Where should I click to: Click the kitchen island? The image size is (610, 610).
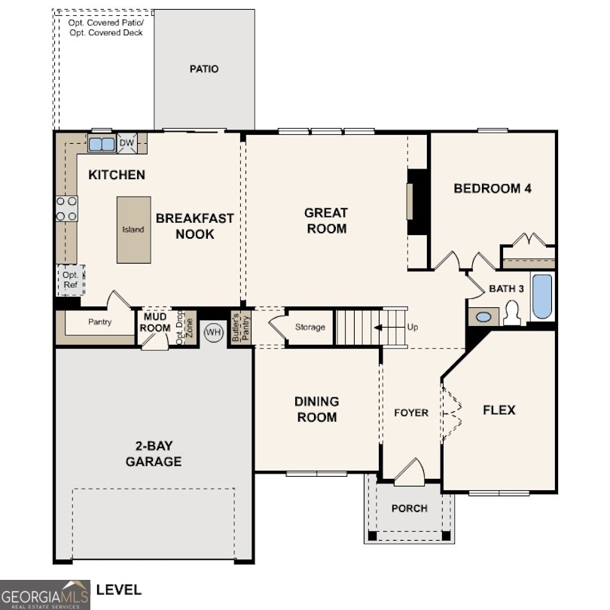tap(133, 230)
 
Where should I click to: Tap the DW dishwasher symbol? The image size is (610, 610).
tap(127, 143)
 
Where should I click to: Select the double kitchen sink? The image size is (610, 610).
tap(101, 144)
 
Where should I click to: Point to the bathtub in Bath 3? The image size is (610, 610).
tap(541, 297)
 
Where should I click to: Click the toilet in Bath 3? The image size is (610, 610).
tap(512, 313)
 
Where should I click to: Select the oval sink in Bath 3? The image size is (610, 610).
tap(483, 317)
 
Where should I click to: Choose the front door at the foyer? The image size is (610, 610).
tap(410, 471)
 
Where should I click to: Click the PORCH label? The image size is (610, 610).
tap(409, 508)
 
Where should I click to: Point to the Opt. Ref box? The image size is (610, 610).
tap(71, 280)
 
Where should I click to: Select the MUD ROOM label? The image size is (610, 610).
tap(155, 322)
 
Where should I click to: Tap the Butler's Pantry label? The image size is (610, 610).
tap(236, 328)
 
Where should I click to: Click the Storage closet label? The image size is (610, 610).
tap(310, 327)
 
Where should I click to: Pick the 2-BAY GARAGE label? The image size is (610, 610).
tap(154, 454)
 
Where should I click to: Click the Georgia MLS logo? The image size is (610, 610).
tap(45, 594)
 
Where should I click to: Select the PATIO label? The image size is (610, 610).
tap(204, 69)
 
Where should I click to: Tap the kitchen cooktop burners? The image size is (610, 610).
tap(66, 209)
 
